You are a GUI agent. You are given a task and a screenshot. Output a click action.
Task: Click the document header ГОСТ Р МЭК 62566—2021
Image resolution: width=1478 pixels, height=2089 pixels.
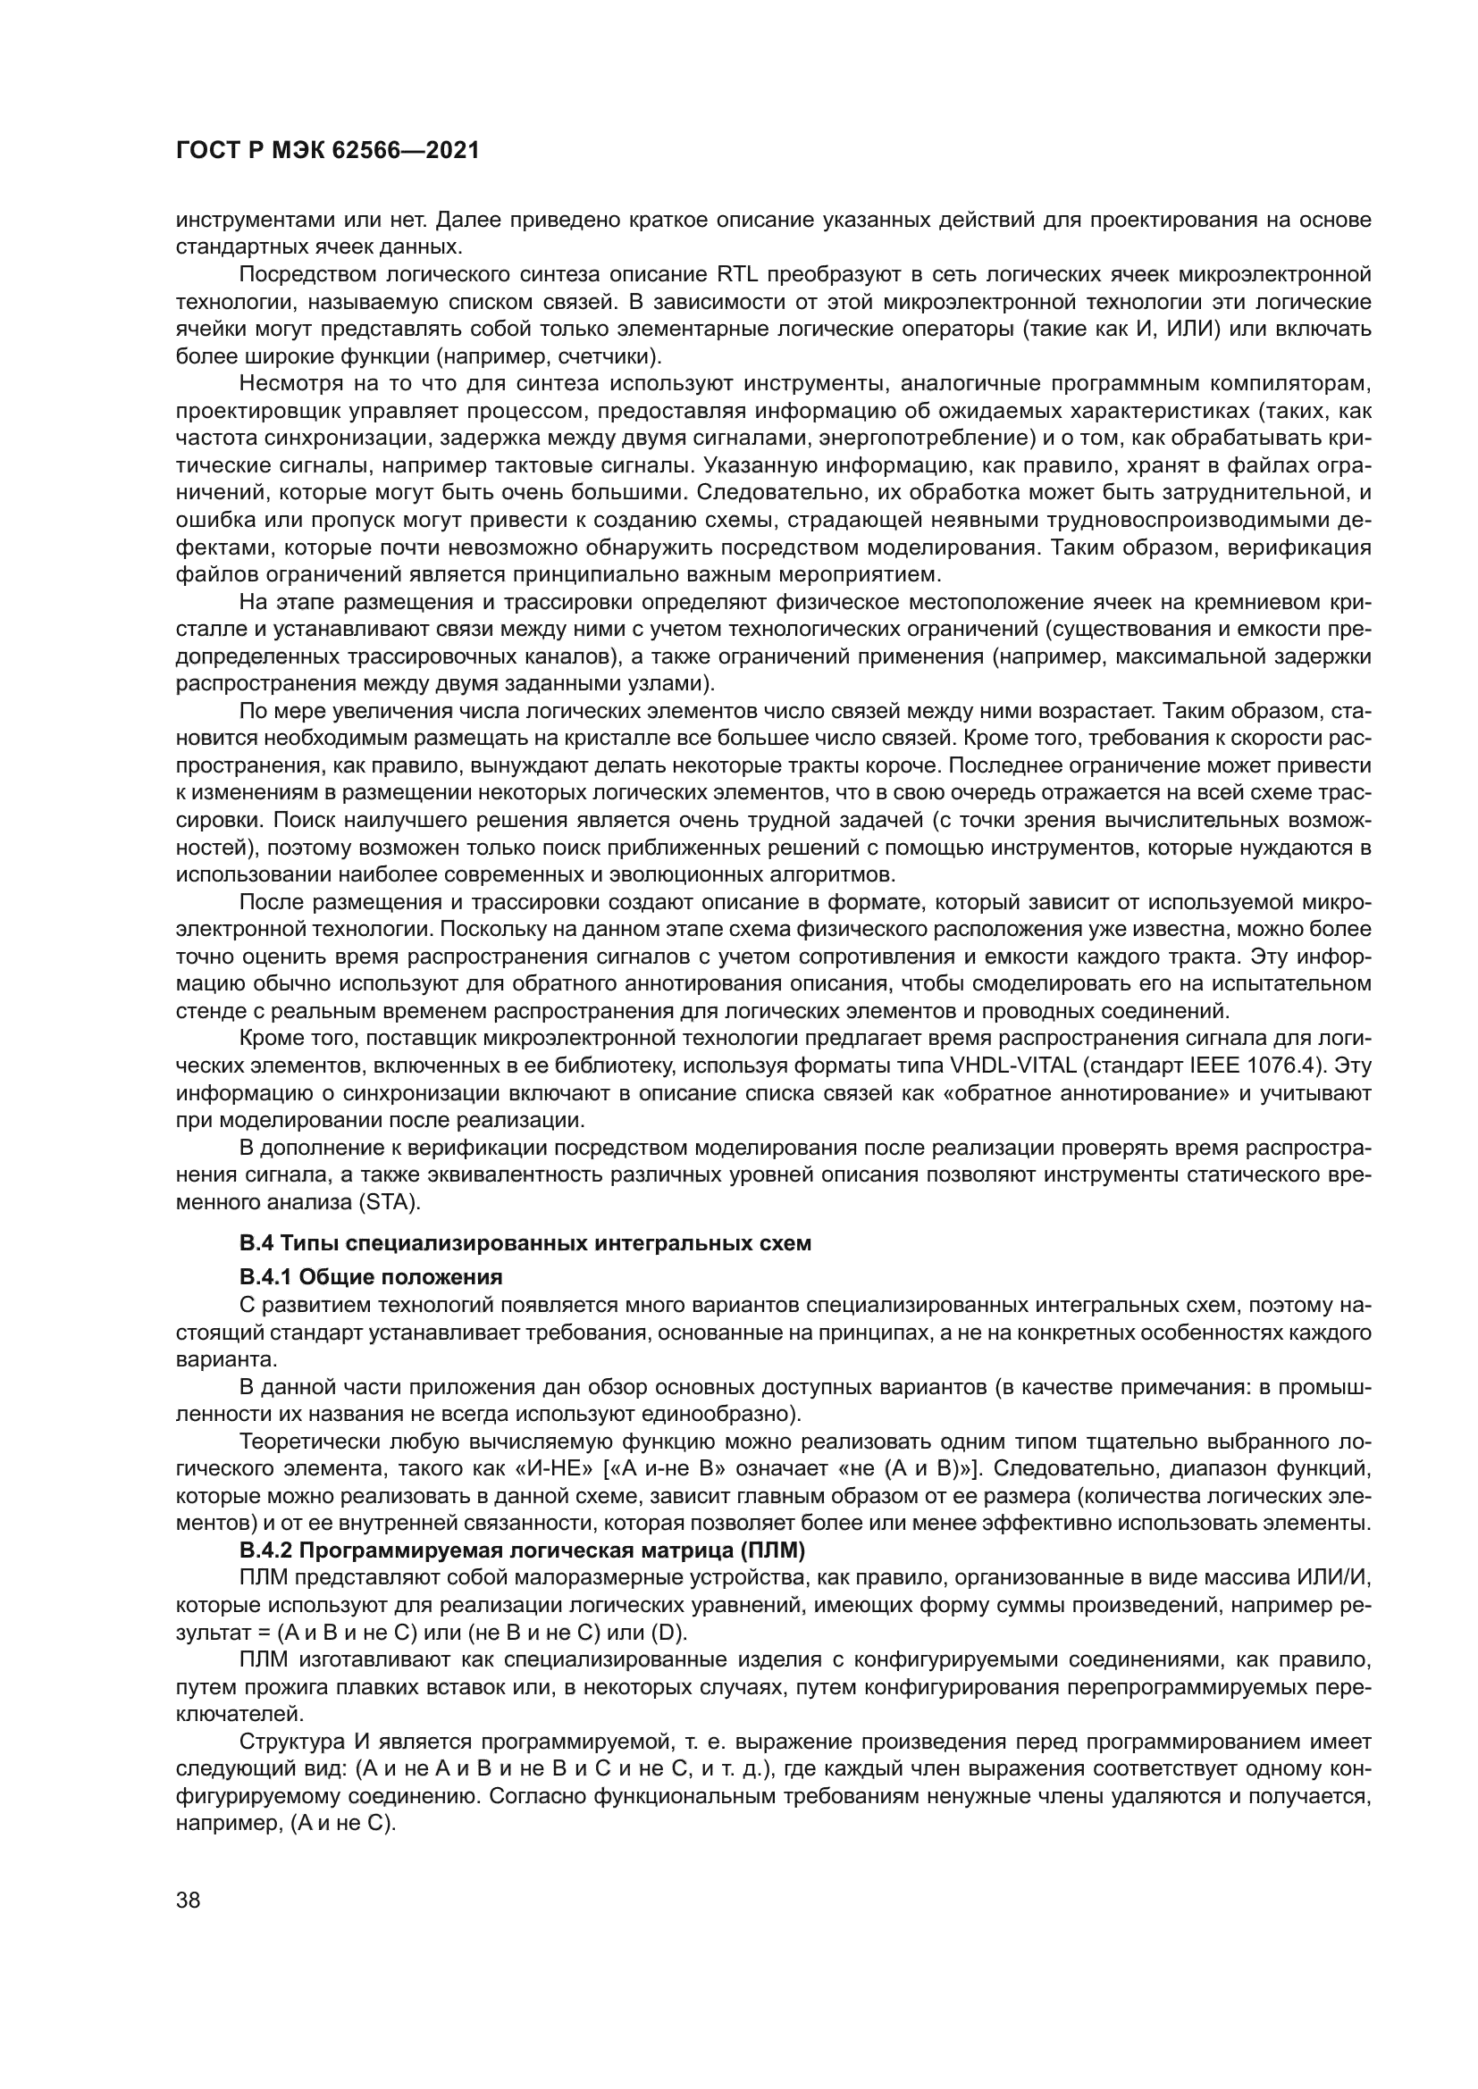tap(327, 151)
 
